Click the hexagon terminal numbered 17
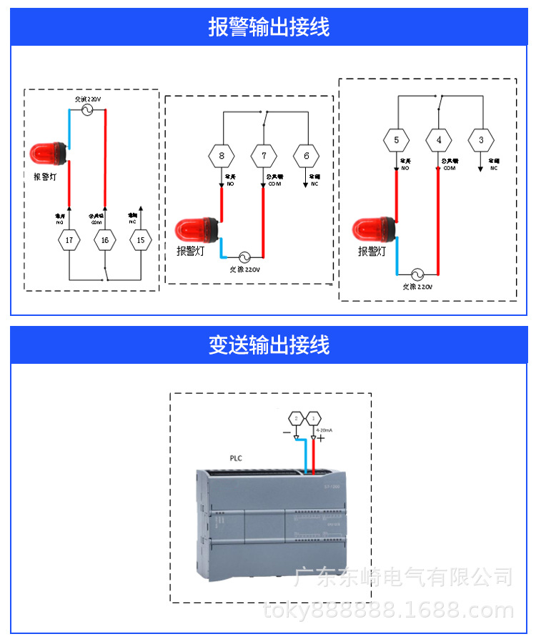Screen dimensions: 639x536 (69, 240)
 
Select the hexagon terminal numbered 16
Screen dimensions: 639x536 (105, 240)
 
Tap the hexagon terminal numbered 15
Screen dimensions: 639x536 (141, 240)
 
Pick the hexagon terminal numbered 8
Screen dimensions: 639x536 (222, 155)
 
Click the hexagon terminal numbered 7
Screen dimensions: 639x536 (264, 155)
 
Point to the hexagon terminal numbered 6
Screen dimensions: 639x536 (307, 155)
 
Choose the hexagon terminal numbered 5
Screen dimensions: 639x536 (397, 140)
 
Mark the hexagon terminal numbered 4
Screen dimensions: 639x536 (439, 140)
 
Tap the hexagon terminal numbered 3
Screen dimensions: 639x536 (481, 140)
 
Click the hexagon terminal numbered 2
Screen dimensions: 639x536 (296, 417)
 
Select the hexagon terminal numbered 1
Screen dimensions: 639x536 (312, 417)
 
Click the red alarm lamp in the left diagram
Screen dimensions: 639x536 (48, 152)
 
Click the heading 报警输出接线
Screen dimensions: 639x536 (269, 27)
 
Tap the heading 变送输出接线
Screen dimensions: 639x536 (269, 345)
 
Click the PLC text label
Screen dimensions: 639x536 (237, 458)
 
